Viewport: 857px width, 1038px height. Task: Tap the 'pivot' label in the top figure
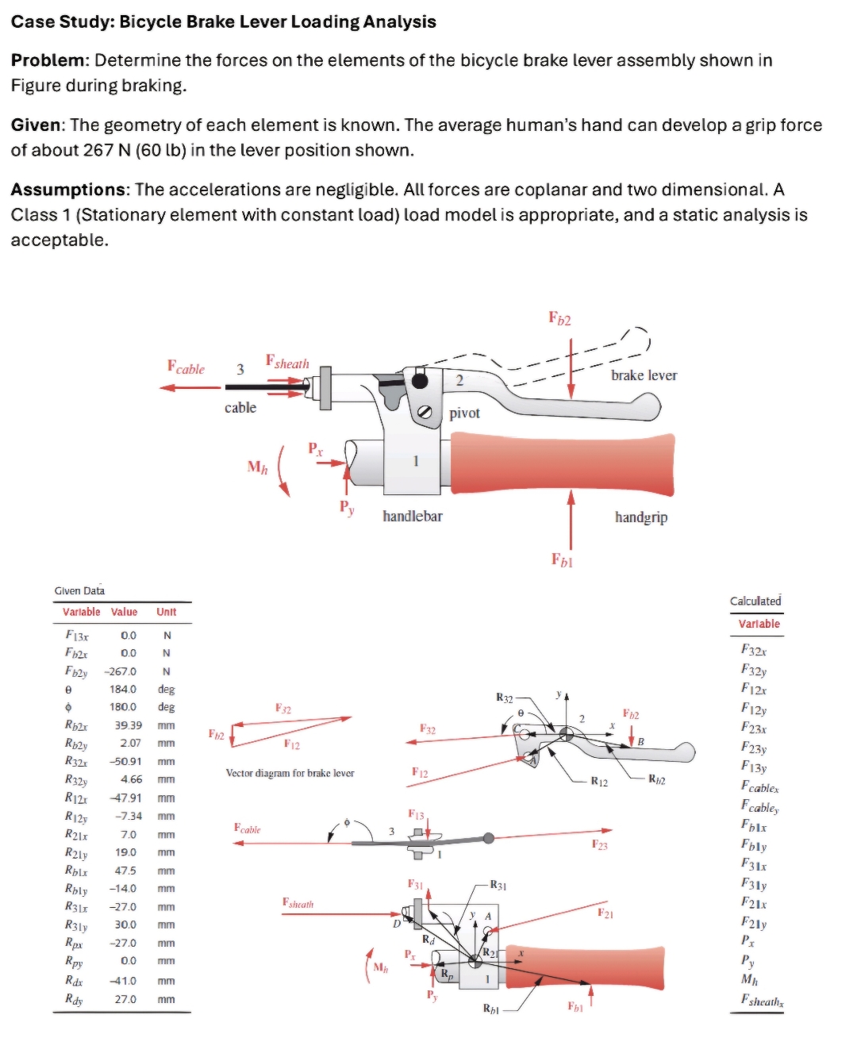(464, 413)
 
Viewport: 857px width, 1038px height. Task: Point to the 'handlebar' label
(412, 517)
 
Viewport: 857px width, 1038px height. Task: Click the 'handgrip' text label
(640, 517)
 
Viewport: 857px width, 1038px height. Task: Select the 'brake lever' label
(644, 375)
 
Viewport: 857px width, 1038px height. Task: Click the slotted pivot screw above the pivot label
(425, 411)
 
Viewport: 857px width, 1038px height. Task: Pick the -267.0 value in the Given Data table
(122, 671)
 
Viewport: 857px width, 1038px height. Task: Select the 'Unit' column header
(166, 612)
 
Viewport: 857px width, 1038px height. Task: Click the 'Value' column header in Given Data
(124, 612)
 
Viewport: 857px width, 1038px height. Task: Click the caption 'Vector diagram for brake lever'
(290, 773)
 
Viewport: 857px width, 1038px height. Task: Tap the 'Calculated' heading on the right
(755, 602)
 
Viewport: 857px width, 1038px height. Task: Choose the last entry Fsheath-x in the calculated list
(760, 1001)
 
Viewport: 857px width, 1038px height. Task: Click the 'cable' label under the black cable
(240, 408)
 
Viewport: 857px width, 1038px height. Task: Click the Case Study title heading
(223, 21)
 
